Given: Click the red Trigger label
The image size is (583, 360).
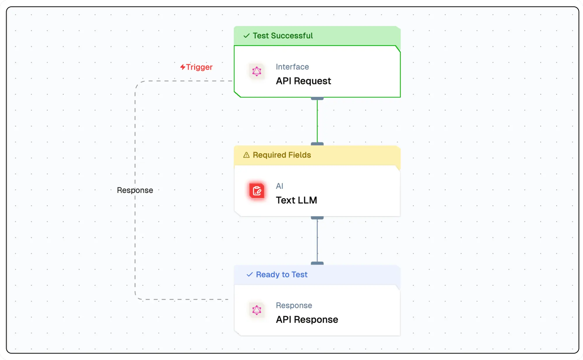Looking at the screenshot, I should click(x=199, y=67).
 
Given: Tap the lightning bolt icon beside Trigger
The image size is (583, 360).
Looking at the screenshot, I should click(x=182, y=67).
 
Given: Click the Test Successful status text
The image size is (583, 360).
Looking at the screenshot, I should click(x=282, y=36).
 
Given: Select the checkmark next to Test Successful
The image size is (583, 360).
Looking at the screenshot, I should click(x=247, y=36).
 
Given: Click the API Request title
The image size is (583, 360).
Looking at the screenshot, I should click(x=303, y=81).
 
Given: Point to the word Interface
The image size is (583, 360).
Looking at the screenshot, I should click(x=292, y=67).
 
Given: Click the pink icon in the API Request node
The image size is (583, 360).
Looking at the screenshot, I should click(x=257, y=71).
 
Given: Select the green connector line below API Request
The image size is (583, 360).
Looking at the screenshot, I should click(x=317, y=121).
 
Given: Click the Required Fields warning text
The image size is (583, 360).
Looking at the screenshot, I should click(x=282, y=155).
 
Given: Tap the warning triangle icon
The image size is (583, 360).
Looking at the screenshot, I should click(x=246, y=155).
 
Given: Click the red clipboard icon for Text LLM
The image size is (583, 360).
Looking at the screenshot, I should click(x=257, y=191).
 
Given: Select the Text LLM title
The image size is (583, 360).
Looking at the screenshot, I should click(x=296, y=200).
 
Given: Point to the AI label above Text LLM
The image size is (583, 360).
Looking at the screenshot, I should click(x=279, y=186).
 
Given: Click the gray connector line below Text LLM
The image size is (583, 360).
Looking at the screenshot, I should click(x=317, y=240).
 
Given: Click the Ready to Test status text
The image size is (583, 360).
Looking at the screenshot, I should click(x=281, y=275).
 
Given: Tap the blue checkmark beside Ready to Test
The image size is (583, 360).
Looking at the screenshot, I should click(x=250, y=275).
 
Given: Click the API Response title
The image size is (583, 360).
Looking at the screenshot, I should click(x=307, y=319).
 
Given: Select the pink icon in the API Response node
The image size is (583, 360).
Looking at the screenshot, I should click(x=257, y=310).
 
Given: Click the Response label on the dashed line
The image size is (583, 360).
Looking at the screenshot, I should click(x=135, y=190).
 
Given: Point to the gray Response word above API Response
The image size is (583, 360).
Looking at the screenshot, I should click(x=294, y=305).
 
